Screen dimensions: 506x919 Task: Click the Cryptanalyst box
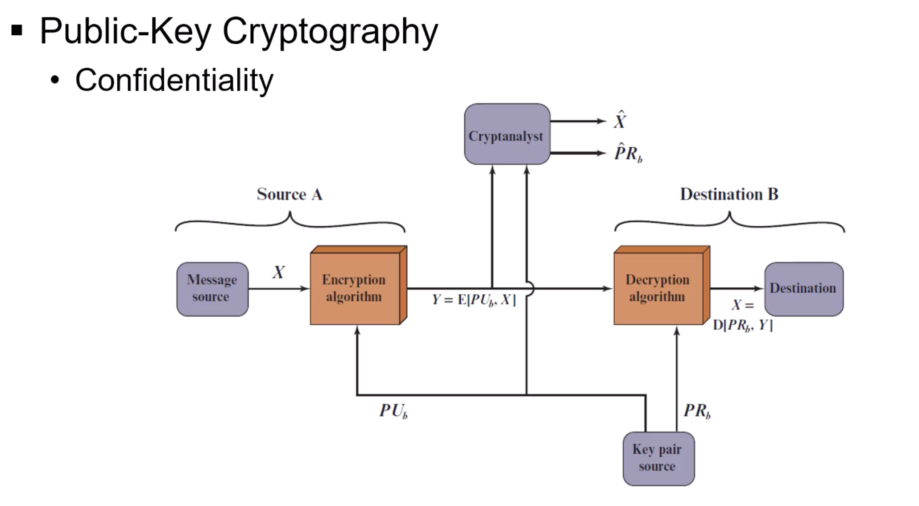click(x=507, y=134)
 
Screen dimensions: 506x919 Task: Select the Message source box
click(x=212, y=289)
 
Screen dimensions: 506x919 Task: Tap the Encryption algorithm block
click(x=355, y=288)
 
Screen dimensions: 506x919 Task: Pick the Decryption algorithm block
click(x=658, y=288)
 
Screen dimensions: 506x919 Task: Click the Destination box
click(x=803, y=289)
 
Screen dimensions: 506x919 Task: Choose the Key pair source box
click(x=658, y=458)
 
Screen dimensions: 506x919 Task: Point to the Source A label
click(x=290, y=195)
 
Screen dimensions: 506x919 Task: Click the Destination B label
click(x=729, y=195)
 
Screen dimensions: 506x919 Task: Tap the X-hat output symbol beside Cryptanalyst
click(x=620, y=120)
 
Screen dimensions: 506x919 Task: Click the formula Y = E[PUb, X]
click(x=473, y=300)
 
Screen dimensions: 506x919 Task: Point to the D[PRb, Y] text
click(x=742, y=325)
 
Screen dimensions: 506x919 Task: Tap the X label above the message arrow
click(x=279, y=272)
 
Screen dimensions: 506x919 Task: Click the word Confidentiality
click(x=174, y=80)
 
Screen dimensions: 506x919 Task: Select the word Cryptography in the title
click(x=330, y=31)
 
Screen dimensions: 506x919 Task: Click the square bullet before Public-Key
click(x=17, y=31)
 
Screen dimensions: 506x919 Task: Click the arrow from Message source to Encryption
click(x=279, y=289)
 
